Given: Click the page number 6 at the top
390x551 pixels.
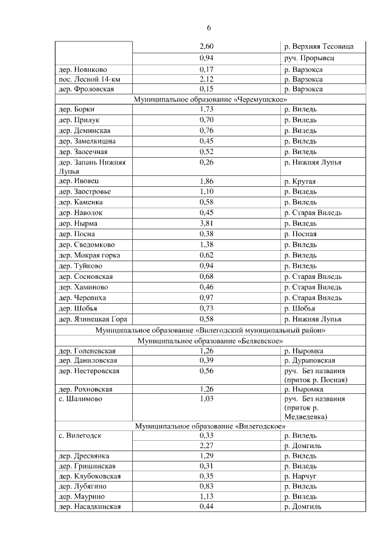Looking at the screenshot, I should click(x=208, y=29).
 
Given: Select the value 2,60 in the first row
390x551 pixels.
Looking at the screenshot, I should click(x=207, y=47).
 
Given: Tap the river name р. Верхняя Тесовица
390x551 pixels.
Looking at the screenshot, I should click(x=324, y=47).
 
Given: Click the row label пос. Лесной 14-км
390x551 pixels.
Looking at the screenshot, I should click(x=88, y=79).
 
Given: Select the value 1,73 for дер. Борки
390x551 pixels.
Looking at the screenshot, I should click(x=207, y=110).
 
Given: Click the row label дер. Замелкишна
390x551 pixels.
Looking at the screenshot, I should click(x=87, y=141).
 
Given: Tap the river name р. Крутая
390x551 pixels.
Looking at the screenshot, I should click(x=299, y=182).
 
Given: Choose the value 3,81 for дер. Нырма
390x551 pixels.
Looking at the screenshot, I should click(x=207, y=223).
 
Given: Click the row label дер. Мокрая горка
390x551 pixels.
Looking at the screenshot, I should click(x=89, y=255).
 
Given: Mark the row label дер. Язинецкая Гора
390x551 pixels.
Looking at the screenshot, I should click(x=92, y=319).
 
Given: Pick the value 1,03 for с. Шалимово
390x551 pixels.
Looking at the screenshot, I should click(x=207, y=399).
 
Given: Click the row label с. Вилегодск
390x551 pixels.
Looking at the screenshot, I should click(x=80, y=436).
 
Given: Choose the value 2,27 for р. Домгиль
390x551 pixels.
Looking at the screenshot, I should click(x=207, y=446).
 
